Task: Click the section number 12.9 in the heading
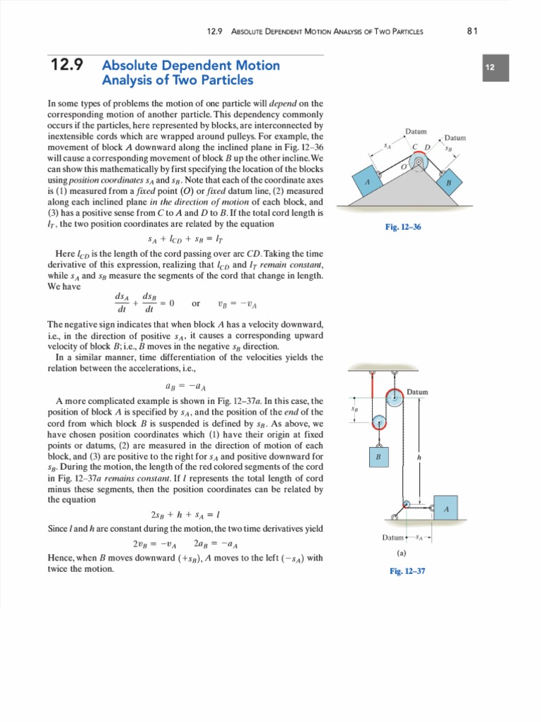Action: (68, 66)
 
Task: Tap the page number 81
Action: (473, 30)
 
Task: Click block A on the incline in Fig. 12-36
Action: (366, 183)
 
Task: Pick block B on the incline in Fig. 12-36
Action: (448, 182)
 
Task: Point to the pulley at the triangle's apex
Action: (419, 164)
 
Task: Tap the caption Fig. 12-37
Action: (407, 571)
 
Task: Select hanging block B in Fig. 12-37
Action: (378, 457)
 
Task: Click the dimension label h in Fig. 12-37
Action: (419, 456)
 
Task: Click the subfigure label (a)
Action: (402, 553)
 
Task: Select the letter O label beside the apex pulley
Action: (404, 168)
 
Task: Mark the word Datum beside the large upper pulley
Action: (418, 392)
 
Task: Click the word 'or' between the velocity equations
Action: (196, 304)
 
